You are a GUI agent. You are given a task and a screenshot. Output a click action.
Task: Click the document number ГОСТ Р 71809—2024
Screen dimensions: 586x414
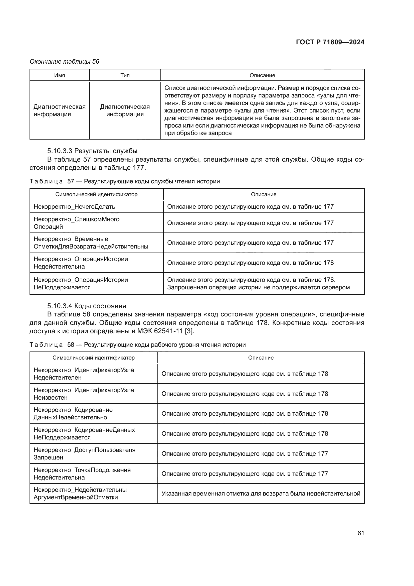(x=330, y=42)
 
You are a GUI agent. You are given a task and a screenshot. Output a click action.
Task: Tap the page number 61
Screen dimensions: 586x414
(x=360, y=533)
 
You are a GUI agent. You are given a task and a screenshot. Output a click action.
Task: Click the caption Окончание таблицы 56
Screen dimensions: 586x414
(x=64, y=62)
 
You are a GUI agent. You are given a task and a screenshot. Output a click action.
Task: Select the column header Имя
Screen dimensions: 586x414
(x=59, y=75)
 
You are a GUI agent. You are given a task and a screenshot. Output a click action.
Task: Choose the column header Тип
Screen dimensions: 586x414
(x=125, y=75)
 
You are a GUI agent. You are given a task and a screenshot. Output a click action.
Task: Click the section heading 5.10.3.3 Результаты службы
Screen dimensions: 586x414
(x=92, y=151)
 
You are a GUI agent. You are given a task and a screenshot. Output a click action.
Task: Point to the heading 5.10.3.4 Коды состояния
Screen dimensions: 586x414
(x=87, y=306)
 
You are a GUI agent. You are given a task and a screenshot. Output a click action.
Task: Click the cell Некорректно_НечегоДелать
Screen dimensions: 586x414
(x=74, y=206)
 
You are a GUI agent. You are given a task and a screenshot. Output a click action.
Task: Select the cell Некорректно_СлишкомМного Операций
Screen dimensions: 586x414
(x=77, y=223)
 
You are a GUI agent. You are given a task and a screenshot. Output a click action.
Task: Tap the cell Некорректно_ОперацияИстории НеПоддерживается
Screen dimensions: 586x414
(x=81, y=283)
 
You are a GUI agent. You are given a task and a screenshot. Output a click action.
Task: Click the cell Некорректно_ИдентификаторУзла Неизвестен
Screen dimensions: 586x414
(x=84, y=394)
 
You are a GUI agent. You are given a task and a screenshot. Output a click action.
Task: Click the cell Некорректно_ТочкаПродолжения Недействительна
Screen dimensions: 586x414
(x=82, y=474)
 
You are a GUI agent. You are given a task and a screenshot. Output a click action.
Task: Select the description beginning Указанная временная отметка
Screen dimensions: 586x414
(x=261, y=493)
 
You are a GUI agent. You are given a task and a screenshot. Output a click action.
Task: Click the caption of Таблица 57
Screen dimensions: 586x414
(x=124, y=181)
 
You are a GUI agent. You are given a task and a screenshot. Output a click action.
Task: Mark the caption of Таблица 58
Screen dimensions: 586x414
(x=138, y=345)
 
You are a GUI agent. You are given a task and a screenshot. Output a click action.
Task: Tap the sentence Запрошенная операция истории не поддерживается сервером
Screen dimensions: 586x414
(x=258, y=287)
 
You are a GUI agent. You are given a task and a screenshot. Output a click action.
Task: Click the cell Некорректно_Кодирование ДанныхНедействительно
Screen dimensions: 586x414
(x=73, y=413)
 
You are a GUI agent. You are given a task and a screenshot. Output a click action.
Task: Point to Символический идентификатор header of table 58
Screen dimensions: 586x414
(x=94, y=358)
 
